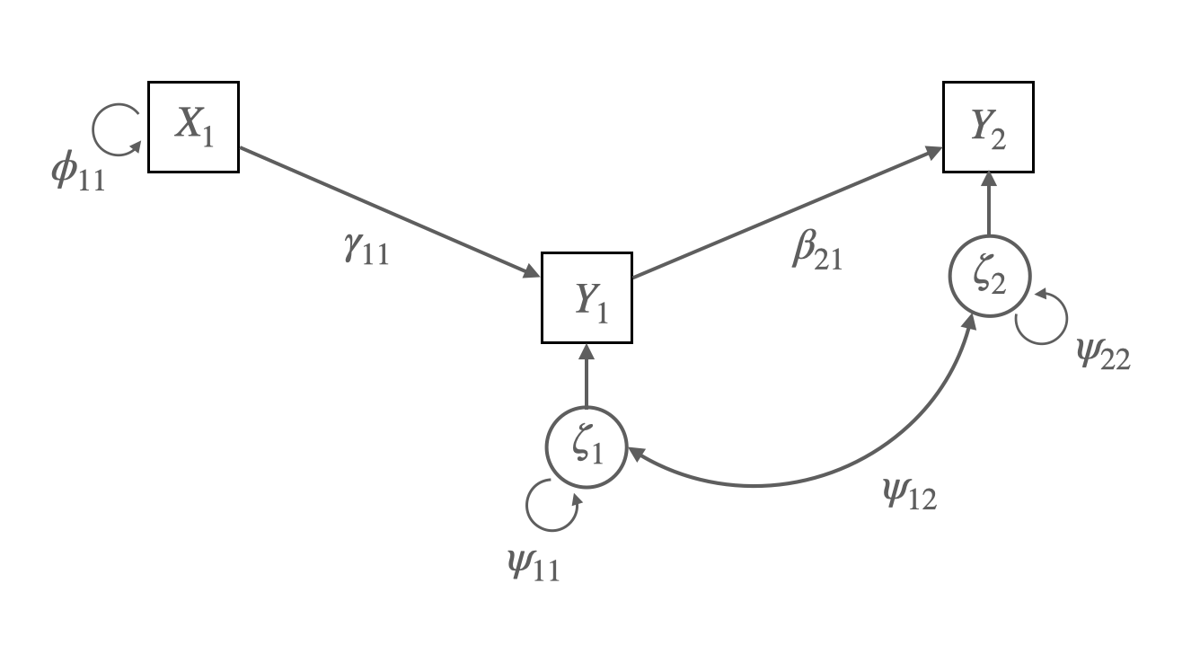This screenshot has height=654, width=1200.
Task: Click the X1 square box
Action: [x=193, y=127]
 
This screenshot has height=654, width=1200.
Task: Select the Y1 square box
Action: [x=587, y=297]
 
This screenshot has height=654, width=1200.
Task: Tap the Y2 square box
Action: [x=988, y=127]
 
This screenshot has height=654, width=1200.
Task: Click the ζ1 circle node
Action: [x=586, y=448]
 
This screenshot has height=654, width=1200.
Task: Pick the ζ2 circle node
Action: [x=988, y=278]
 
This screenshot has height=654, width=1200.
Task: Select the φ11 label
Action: [x=78, y=172]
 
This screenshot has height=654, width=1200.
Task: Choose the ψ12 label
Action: [x=910, y=493]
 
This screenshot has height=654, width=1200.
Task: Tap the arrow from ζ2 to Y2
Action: [x=988, y=206]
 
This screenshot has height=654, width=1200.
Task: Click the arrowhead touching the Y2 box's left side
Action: [x=934, y=152]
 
